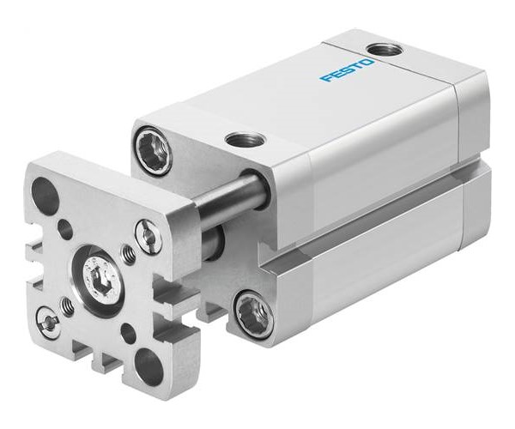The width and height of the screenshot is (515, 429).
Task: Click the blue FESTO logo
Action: [348, 70]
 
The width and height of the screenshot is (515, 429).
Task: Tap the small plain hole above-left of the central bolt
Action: [65, 229]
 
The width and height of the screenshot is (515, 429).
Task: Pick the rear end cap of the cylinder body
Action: [472, 154]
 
